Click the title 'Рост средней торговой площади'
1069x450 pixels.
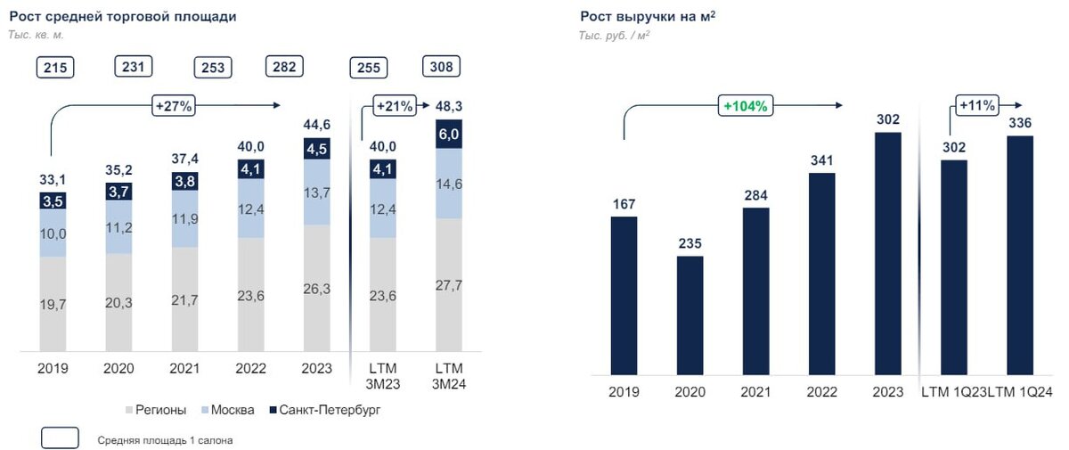tap(123, 16)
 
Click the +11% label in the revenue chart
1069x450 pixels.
tap(976, 104)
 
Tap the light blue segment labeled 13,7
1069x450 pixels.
tap(318, 192)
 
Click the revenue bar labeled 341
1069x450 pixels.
tap(821, 272)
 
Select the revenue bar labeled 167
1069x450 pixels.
tap(624, 294)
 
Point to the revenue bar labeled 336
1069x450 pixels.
tap(1019, 254)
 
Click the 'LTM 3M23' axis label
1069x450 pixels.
tap(384, 374)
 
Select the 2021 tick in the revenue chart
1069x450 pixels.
tap(755, 392)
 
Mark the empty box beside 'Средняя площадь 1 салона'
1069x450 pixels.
tap(61, 438)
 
